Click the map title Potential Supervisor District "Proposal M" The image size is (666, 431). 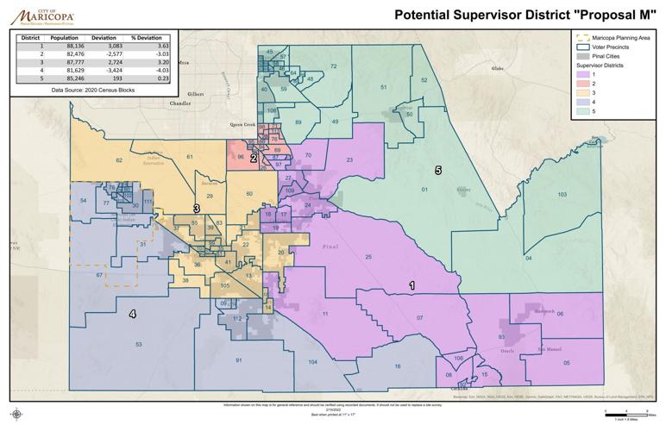[x=527, y=14]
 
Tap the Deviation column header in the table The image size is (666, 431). [x=104, y=39]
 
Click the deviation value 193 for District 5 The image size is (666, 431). [x=113, y=79]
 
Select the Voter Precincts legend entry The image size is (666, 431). [x=610, y=47]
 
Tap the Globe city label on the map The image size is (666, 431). [x=496, y=67]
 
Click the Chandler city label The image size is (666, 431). [x=180, y=103]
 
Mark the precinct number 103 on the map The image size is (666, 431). [x=562, y=195]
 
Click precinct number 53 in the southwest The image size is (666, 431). [x=138, y=344]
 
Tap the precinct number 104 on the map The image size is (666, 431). [x=311, y=362]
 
